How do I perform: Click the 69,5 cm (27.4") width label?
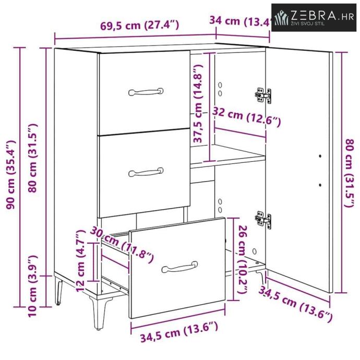[140, 25]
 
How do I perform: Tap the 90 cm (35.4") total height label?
[11, 175]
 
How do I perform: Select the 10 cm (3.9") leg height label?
[32, 286]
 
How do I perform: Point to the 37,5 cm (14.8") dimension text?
[197, 103]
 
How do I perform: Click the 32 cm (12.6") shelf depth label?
[246, 116]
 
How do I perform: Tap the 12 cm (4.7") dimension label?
[80, 261]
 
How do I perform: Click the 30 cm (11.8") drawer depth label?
[122, 245]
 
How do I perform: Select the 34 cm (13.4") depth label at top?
[240, 21]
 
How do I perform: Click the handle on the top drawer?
[146, 92]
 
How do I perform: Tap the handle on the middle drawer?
[146, 172]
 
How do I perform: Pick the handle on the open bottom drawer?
[179, 267]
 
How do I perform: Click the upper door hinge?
[263, 95]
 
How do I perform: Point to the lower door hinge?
[263, 219]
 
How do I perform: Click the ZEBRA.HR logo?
[314, 17]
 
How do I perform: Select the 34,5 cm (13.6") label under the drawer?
[179, 332]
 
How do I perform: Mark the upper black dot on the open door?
[320, 156]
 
